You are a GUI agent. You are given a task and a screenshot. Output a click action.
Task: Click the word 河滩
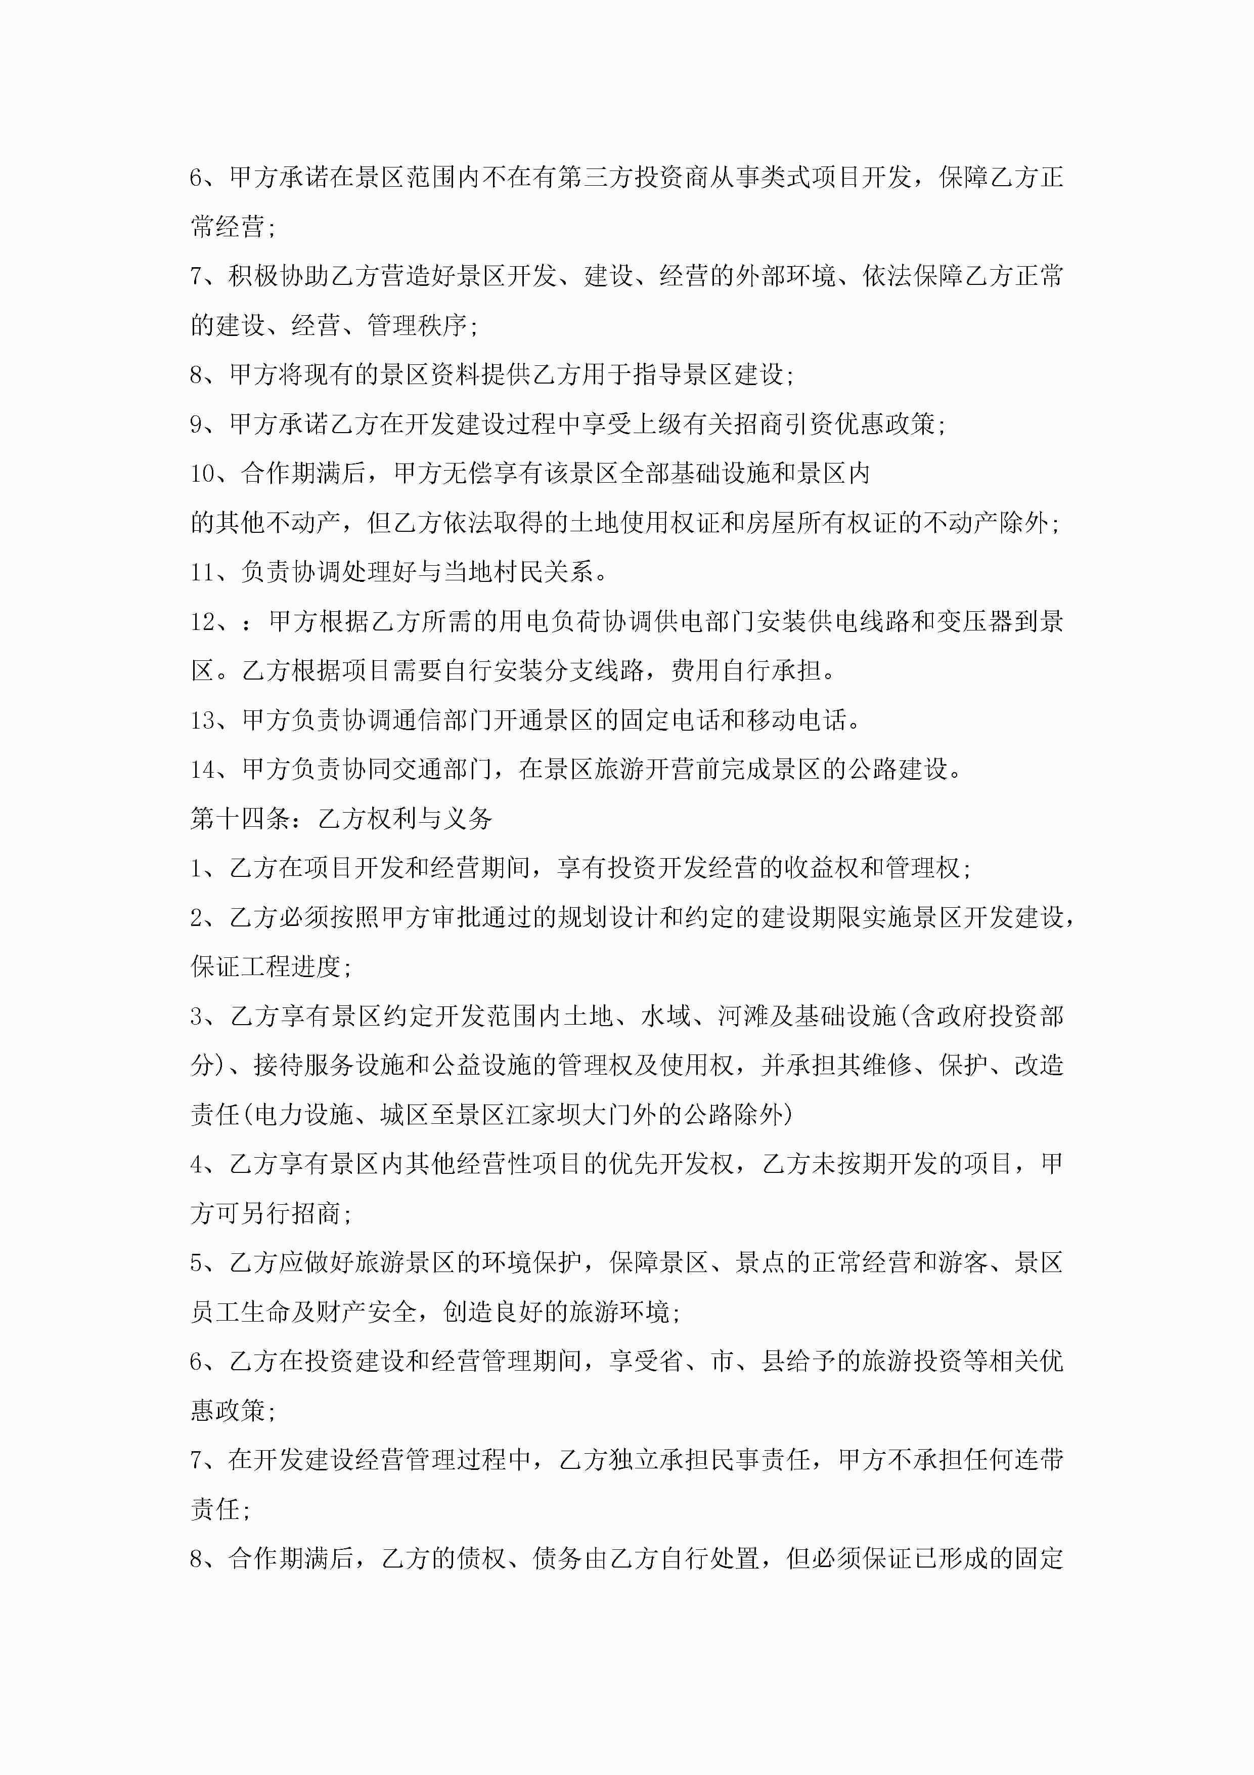742,1016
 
